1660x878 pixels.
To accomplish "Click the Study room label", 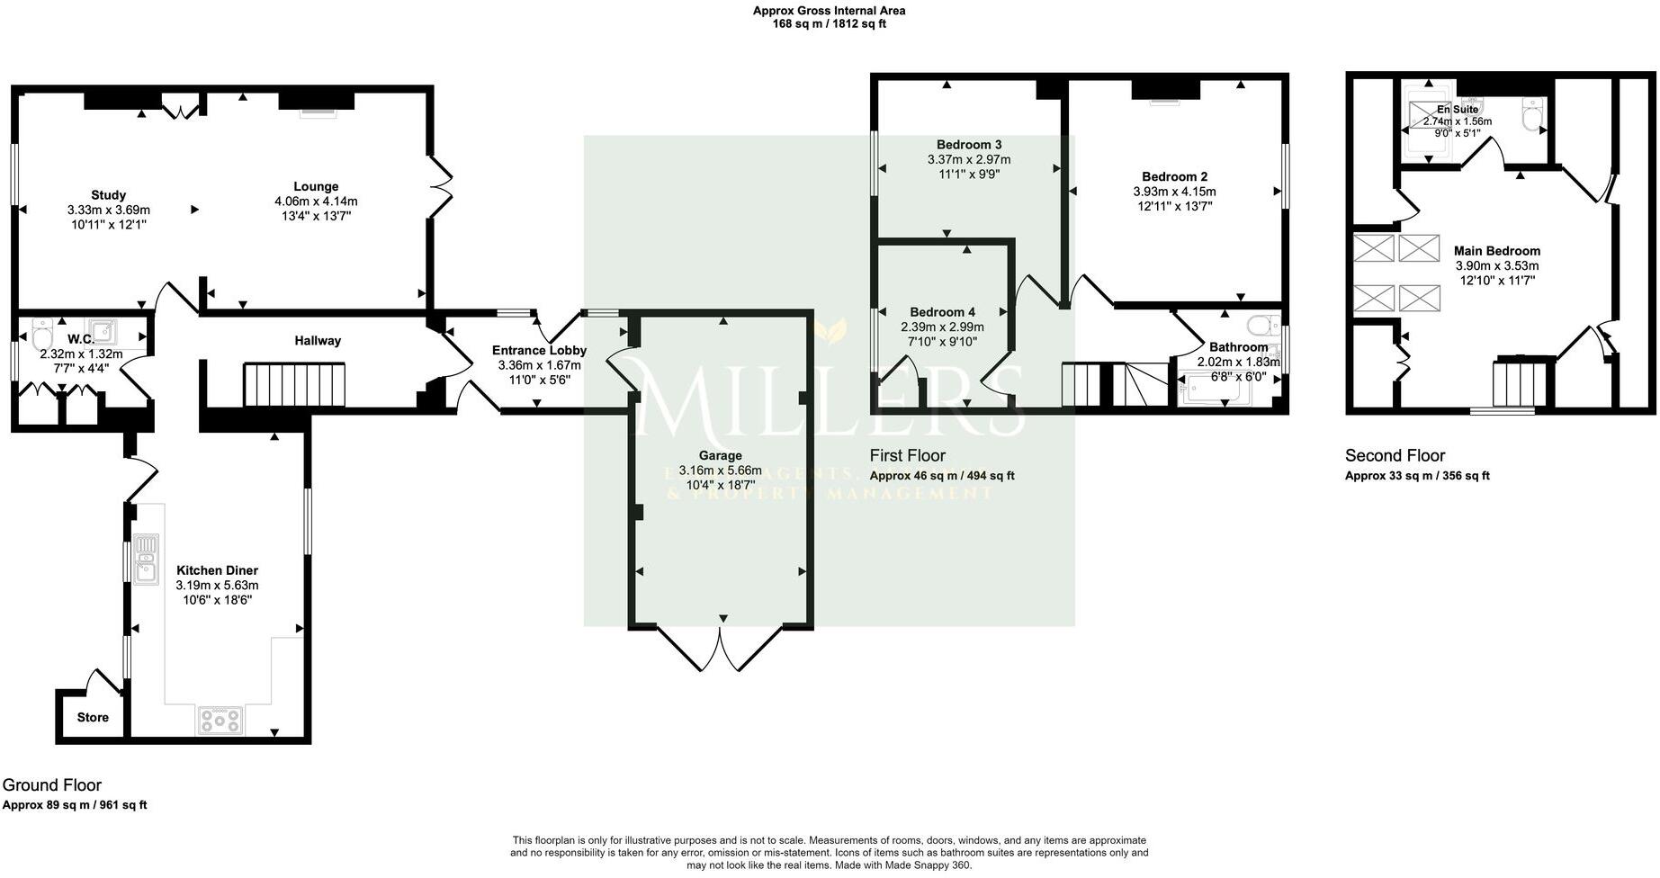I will [108, 195].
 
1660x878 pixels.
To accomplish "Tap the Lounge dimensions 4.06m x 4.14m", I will [316, 202].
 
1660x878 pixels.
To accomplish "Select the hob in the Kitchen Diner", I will [220, 720].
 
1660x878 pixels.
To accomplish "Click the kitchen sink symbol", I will [145, 559].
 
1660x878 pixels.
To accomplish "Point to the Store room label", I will [93, 717].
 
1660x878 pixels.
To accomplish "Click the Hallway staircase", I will [294, 385].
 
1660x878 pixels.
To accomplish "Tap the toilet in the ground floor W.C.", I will [41, 336].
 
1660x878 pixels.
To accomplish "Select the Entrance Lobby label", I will [539, 351].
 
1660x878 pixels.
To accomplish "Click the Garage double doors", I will [722, 650].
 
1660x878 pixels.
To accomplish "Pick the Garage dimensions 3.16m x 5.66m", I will [720, 470].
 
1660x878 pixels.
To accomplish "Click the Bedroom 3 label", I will [968, 145].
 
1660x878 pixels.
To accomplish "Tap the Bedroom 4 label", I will [942, 313].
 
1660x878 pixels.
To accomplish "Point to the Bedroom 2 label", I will [1174, 177].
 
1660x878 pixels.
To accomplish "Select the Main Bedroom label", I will [1496, 251].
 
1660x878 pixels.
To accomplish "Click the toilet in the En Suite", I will [1532, 114].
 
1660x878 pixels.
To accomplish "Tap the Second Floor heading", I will [1395, 456].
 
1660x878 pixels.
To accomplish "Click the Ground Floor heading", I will [52, 785].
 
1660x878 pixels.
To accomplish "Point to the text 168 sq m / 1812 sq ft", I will [829, 24].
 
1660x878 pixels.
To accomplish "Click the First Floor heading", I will [907, 456].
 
